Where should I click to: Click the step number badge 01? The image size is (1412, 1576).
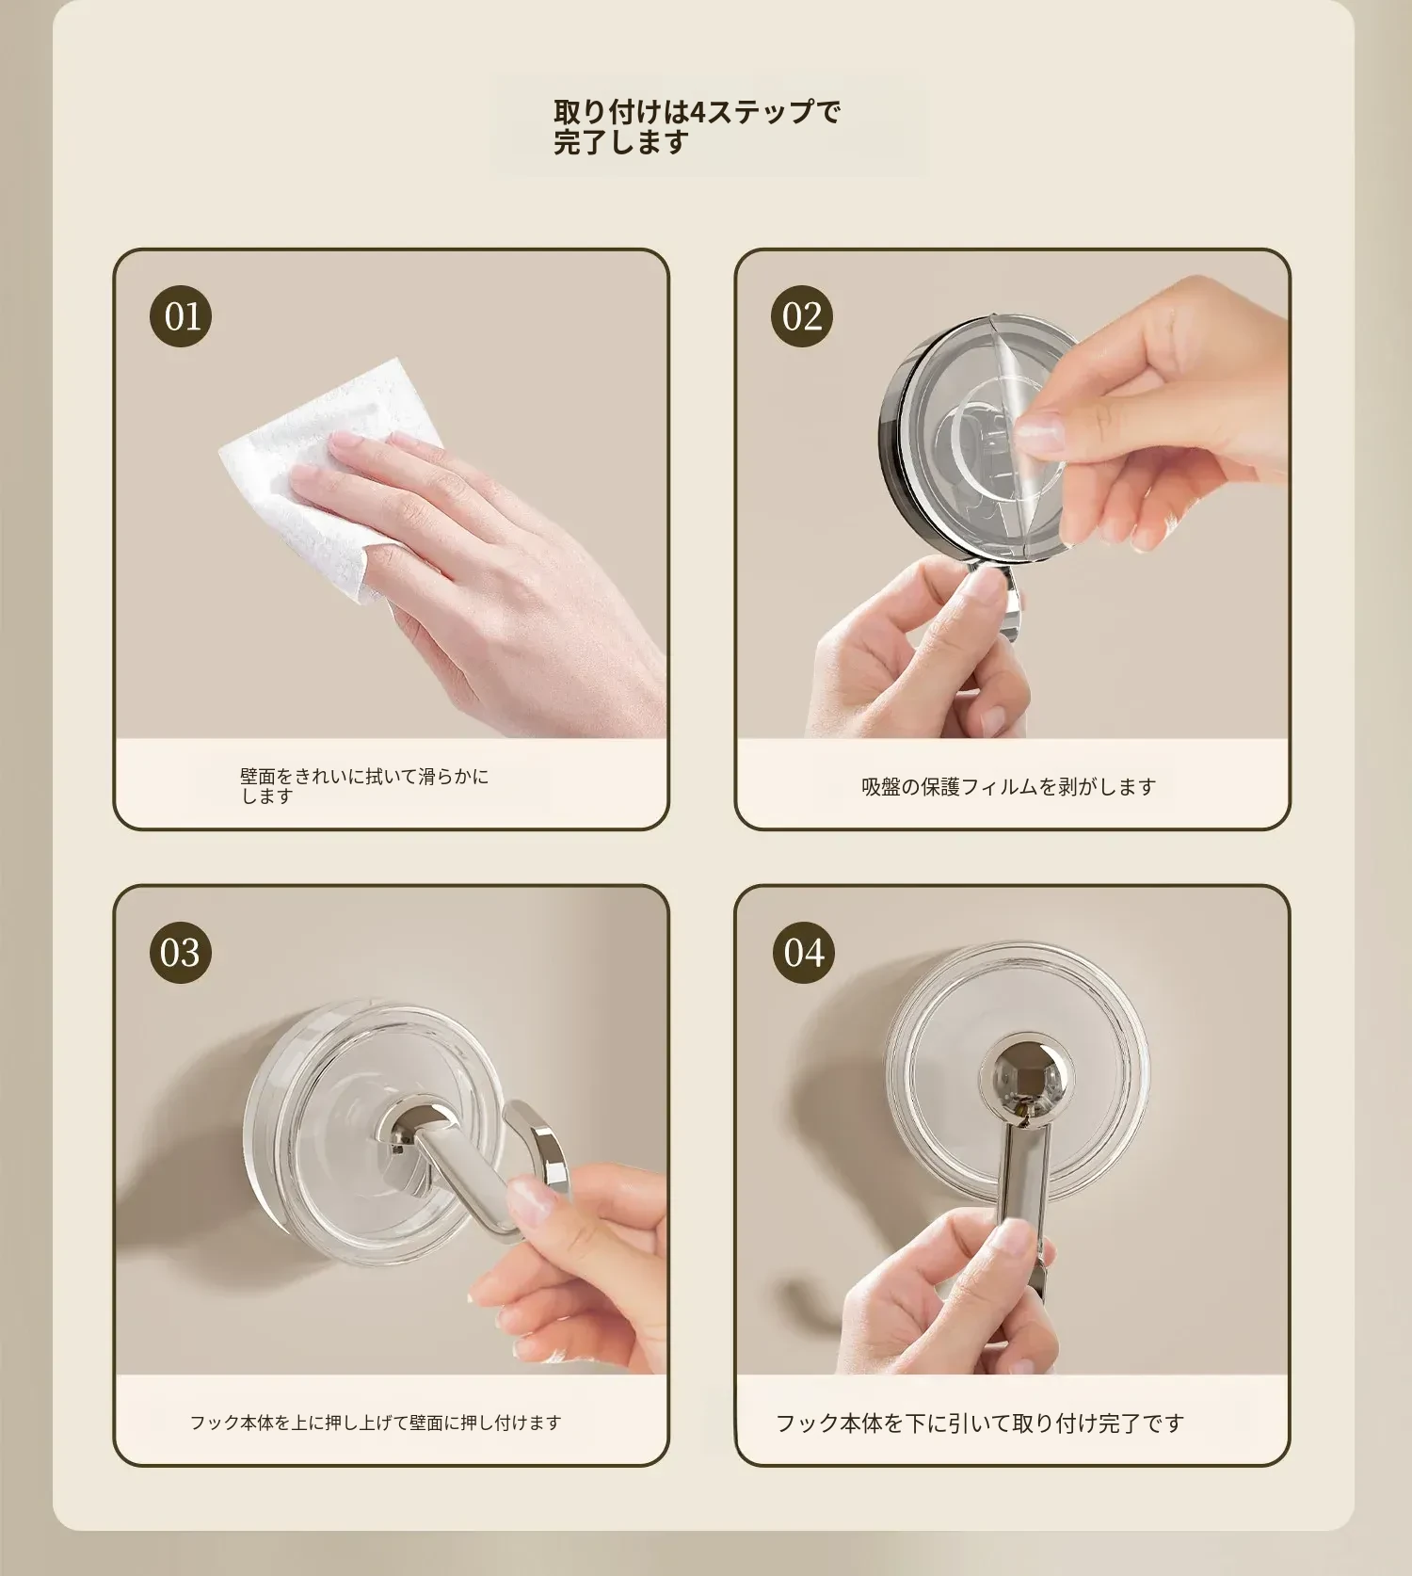pyautogui.click(x=181, y=316)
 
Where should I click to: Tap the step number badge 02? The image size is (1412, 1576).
pyautogui.click(x=801, y=316)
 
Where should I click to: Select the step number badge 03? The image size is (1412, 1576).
pyautogui.click(x=181, y=953)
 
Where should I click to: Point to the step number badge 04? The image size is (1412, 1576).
pyautogui.click(x=803, y=953)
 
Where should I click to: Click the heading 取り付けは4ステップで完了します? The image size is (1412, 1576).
pyautogui.click(x=697, y=127)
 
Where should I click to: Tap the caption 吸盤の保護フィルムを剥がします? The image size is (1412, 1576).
pyautogui.click(x=1009, y=787)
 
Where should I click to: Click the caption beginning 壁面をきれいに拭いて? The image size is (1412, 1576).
pyautogui.click(x=364, y=786)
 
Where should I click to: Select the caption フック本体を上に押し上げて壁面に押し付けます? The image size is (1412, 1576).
pyautogui.click(x=376, y=1423)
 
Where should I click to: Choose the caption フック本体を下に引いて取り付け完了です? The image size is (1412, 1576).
pyautogui.click(x=979, y=1423)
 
